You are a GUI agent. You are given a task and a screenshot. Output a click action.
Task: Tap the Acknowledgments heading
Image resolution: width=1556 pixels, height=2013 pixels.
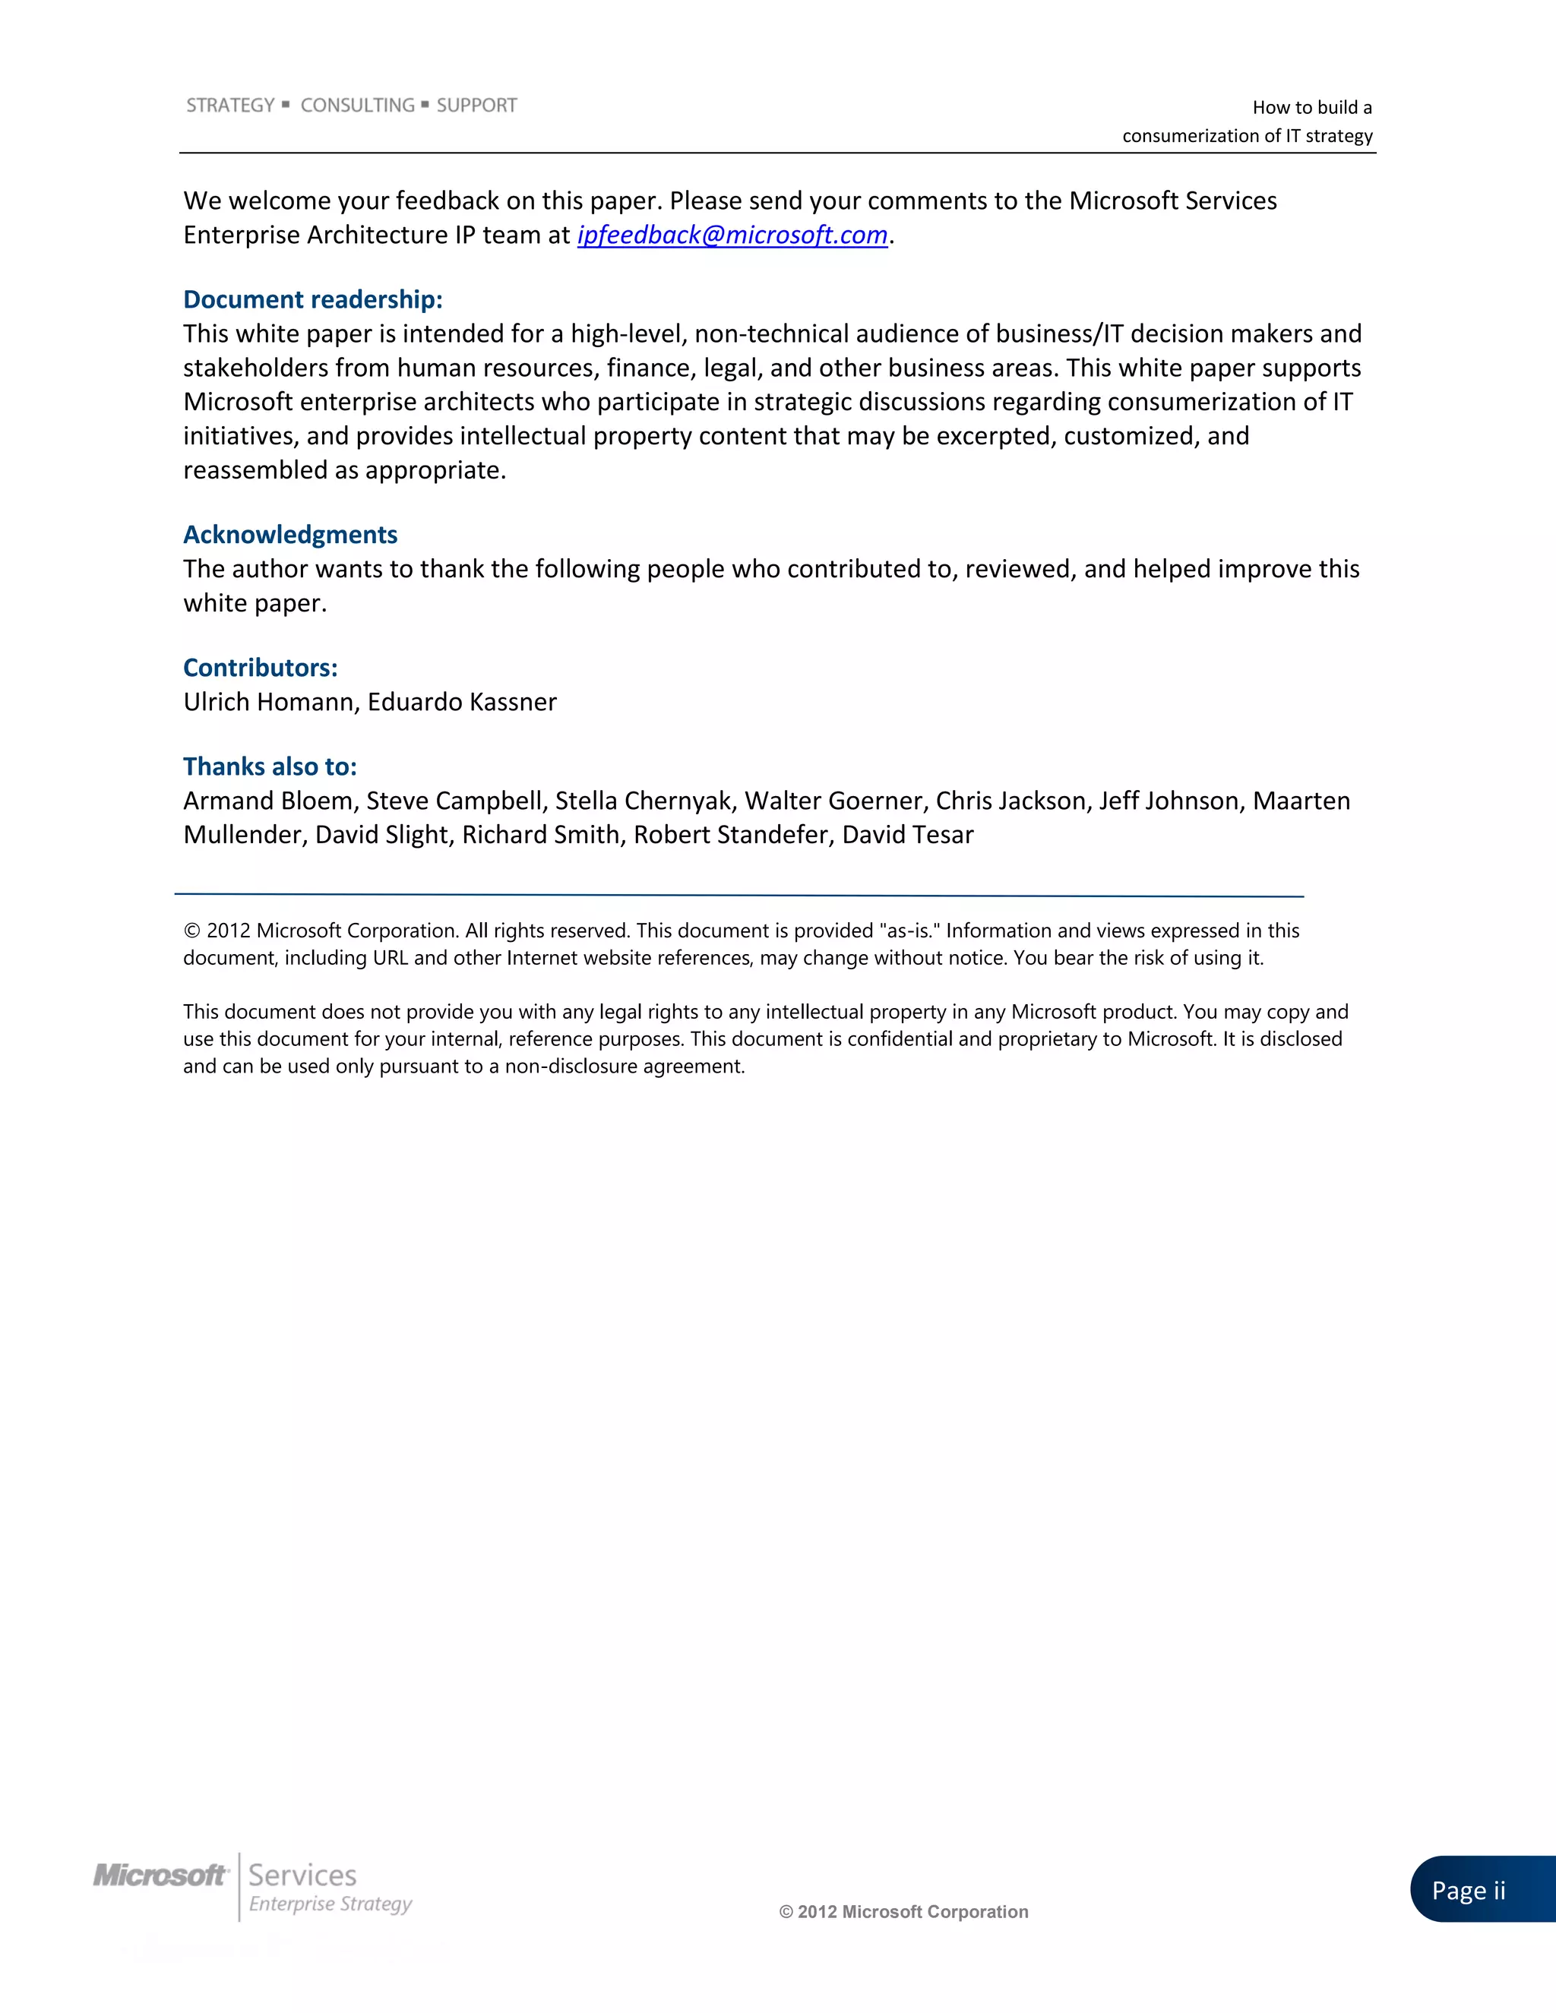tap(290, 535)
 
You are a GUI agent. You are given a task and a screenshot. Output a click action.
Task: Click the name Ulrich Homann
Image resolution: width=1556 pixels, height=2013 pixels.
tap(268, 703)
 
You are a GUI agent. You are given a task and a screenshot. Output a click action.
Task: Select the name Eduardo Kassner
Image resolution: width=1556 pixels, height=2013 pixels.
tap(462, 703)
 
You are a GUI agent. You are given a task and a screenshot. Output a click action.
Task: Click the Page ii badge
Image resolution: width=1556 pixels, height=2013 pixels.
tap(1469, 1891)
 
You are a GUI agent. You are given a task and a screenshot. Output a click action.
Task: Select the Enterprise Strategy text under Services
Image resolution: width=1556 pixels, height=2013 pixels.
tap(330, 1904)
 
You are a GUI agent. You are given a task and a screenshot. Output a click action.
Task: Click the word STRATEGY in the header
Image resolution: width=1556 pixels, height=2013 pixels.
tap(230, 106)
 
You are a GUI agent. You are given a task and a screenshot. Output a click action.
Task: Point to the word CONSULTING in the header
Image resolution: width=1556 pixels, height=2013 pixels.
tap(358, 106)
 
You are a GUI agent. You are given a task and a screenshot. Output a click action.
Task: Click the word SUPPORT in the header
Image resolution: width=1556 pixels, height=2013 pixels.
tap(476, 106)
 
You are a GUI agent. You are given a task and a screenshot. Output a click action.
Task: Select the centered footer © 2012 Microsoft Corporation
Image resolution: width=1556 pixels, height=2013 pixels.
tap(903, 1912)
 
